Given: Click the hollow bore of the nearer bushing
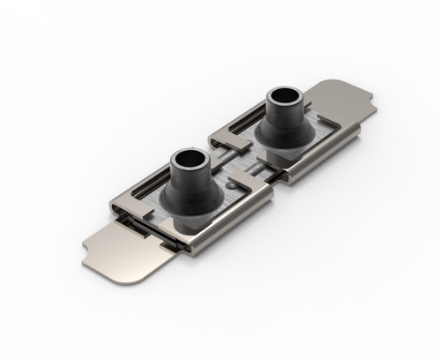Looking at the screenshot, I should click(190, 162).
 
